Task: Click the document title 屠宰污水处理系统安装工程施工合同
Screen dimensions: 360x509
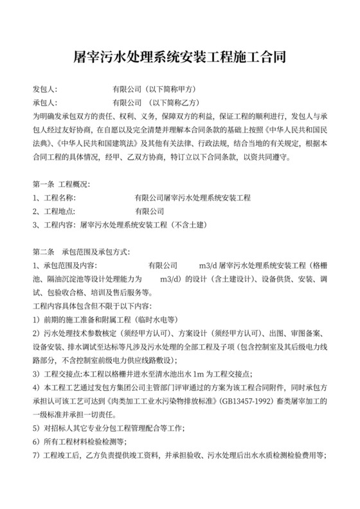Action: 180,57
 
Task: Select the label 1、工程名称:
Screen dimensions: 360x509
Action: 54,197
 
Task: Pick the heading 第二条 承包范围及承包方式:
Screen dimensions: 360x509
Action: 80,251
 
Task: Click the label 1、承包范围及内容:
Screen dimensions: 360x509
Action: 64,265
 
